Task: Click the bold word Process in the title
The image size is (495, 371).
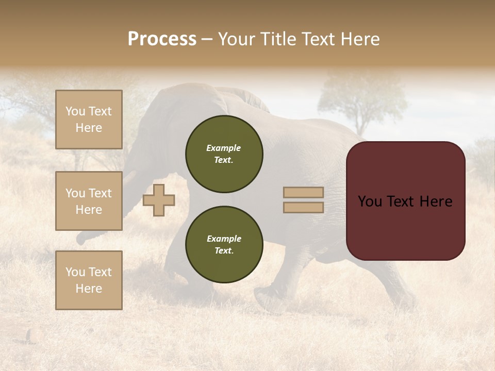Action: click(x=162, y=39)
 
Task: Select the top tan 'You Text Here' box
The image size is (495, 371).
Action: click(x=89, y=120)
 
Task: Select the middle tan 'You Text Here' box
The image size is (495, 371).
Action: click(x=89, y=201)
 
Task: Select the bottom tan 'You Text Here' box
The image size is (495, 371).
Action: click(x=89, y=280)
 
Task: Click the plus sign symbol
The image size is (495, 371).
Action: click(x=159, y=200)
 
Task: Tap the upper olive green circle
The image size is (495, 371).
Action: click(x=224, y=154)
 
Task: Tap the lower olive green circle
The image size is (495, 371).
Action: click(x=224, y=245)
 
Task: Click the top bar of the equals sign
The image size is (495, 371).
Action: click(x=303, y=192)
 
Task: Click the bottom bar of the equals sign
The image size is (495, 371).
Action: click(x=303, y=207)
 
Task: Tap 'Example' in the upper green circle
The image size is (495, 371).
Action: click(x=224, y=148)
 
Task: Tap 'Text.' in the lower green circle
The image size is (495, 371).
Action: click(x=224, y=251)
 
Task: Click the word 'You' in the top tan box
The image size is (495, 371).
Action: click(x=75, y=111)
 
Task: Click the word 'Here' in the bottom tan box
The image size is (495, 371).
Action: click(x=89, y=289)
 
